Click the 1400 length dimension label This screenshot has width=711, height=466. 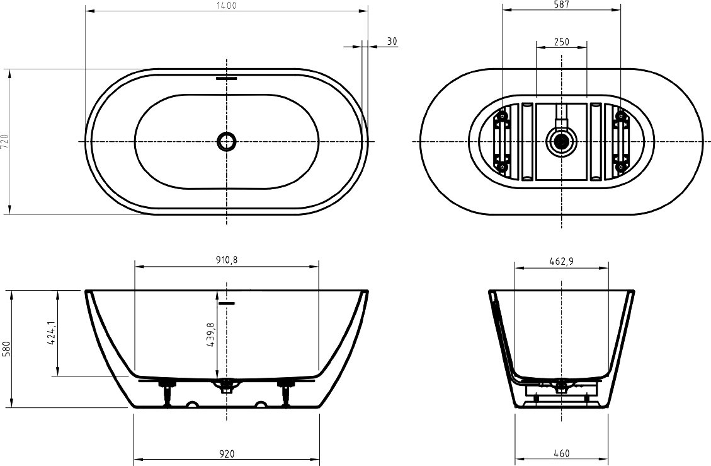227,6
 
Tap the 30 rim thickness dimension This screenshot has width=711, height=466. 392,42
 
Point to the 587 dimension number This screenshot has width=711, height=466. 561,4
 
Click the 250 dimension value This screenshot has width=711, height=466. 561,42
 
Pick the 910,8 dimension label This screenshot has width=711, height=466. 227,260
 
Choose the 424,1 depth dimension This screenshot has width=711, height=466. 51,334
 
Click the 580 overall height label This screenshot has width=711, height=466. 6,349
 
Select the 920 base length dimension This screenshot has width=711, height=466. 227,454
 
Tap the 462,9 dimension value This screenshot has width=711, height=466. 561,261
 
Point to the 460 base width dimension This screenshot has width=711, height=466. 561,453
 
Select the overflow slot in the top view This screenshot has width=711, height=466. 226,78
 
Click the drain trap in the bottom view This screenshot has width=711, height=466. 561,141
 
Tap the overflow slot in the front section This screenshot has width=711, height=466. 226,303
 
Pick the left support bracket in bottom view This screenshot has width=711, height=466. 502,142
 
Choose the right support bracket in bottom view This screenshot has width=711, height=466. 620,142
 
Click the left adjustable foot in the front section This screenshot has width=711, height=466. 168,393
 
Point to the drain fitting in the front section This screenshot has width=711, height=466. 226,386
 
